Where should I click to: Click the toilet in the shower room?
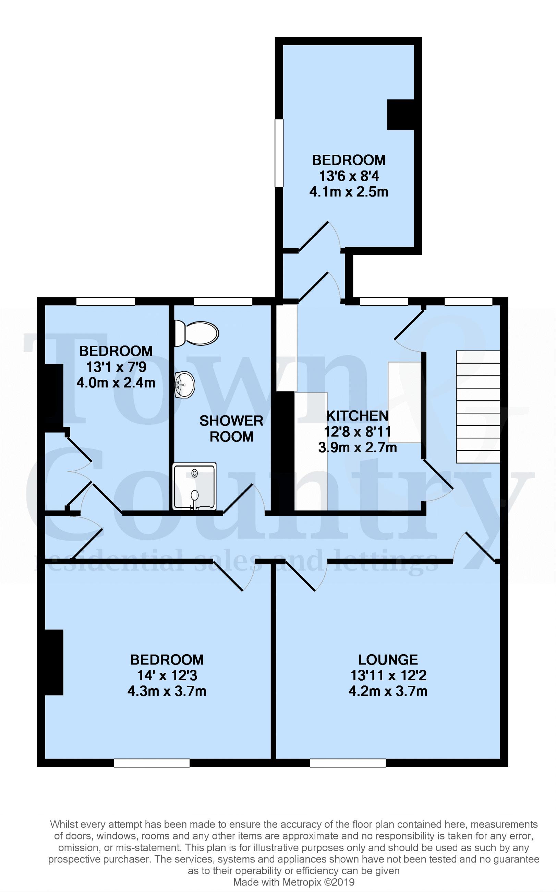pos(196,333)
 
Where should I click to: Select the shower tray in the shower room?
pos(194,486)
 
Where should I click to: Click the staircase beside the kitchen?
pos(478,407)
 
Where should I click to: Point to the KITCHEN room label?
pos(357,416)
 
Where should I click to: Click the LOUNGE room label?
pos(388,659)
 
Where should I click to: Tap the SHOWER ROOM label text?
pos(231,429)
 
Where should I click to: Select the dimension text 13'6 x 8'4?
pos(349,176)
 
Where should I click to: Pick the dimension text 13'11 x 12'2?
pos(388,676)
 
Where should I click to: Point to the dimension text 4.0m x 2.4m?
pos(116,383)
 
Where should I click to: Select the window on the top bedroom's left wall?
pos(279,152)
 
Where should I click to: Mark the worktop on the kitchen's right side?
pos(404,402)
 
